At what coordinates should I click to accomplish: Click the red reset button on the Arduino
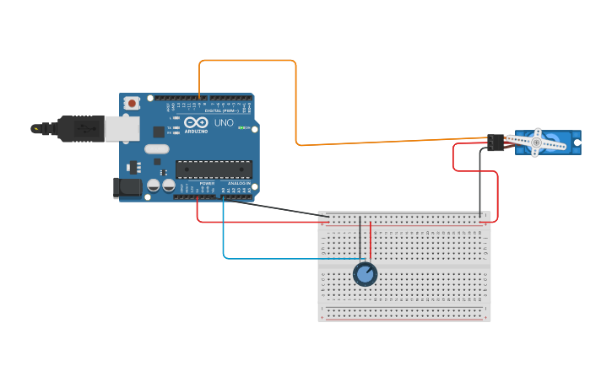pyautogui.click(x=132, y=103)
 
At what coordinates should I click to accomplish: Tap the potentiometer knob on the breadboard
pyautogui.click(x=365, y=274)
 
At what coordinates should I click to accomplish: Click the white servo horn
pyautogui.click(x=535, y=143)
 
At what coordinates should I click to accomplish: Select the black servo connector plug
pyautogui.click(x=496, y=143)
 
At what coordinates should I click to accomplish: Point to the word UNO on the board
pyautogui.click(x=224, y=123)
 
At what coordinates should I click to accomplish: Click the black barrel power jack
pyautogui.click(x=128, y=188)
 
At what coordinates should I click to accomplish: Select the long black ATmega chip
pyautogui.click(x=214, y=169)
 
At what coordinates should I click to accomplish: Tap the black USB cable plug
pyautogui.click(x=80, y=128)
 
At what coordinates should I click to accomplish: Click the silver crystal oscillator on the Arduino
pyautogui.click(x=156, y=149)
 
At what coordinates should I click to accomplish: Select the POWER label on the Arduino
pyautogui.click(x=207, y=183)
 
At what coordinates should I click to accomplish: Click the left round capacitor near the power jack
pyautogui.click(x=154, y=185)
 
